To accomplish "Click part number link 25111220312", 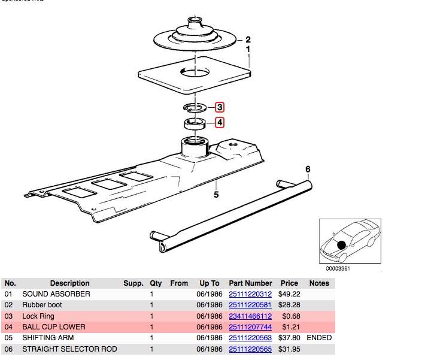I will tap(250, 294).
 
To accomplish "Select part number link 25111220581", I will tap(250, 305).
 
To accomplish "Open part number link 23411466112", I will tap(250, 316).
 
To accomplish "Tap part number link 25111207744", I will tap(250, 327).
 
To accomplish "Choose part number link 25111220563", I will tap(250, 338).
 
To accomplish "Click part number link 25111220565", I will tap(250, 349).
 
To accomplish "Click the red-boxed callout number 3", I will tap(220, 108).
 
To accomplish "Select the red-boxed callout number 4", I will tap(220, 123).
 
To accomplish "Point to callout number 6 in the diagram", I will tap(308, 170).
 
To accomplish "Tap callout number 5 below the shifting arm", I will tap(217, 194).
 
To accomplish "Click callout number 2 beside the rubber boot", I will tap(248, 40).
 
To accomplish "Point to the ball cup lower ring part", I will tap(195, 123).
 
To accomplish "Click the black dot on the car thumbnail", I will tap(341, 245).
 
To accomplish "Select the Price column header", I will tap(289, 283).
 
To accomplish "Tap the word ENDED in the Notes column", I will tap(319, 338).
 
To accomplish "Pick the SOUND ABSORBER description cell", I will tap(56, 294).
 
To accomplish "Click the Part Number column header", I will tap(250, 283).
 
